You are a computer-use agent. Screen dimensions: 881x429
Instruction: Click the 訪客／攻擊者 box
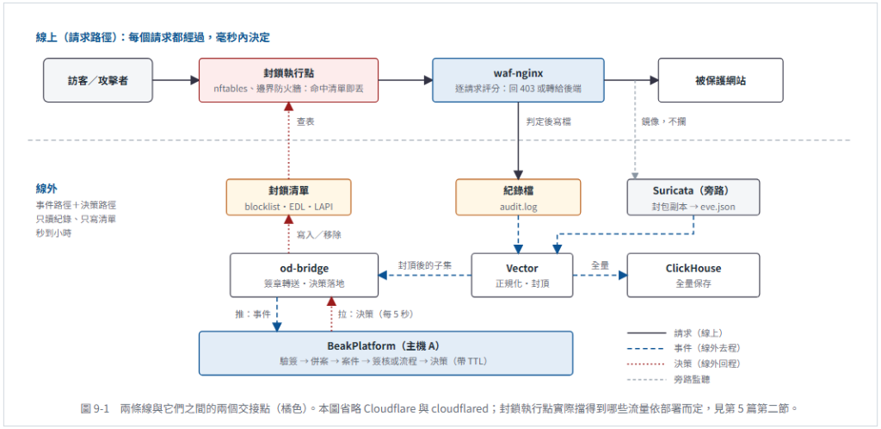[x=98, y=80]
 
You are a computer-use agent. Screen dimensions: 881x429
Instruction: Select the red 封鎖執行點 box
[x=289, y=80]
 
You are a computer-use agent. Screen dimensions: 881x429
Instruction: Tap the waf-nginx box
[x=518, y=80]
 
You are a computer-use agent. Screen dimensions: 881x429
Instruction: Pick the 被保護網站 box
[x=720, y=80]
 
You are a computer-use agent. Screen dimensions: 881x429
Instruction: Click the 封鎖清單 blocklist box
[x=289, y=197]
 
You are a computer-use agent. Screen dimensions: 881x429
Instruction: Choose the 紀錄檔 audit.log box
[x=518, y=197]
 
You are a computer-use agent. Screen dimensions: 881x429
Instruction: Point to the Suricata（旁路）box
[x=693, y=197]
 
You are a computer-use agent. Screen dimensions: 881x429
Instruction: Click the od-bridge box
[x=304, y=275]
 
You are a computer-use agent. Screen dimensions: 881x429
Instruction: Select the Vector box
[x=522, y=275]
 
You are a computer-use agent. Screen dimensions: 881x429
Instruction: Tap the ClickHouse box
[x=693, y=275]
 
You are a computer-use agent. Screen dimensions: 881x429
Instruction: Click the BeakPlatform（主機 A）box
[x=386, y=353]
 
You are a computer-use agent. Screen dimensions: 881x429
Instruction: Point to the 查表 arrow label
[x=305, y=121]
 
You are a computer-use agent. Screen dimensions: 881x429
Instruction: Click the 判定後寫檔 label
[x=548, y=121]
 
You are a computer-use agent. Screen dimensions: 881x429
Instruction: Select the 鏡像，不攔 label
[x=663, y=121]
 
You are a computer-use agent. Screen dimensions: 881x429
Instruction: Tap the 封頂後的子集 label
[x=425, y=264]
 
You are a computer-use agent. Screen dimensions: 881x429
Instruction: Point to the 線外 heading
[x=46, y=189]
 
